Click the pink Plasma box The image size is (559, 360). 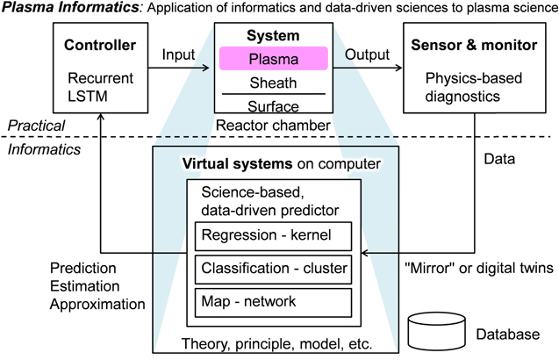(272, 59)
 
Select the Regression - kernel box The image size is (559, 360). (274, 235)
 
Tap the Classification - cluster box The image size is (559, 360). (274, 269)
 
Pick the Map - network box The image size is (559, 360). (274, 301)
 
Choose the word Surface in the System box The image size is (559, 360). (272, 106)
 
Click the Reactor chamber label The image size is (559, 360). (272, 126)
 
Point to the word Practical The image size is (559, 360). (37, 126)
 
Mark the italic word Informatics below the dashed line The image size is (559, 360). (41, 148)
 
